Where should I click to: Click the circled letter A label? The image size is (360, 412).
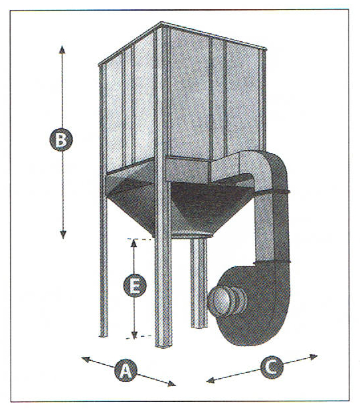[x=126, y=370]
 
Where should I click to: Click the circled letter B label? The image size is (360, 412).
[x=61, y=140]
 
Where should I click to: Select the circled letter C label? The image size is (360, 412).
[x=272, y=367]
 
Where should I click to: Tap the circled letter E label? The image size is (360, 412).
[x=135, y=285]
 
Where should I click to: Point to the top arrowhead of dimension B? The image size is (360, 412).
[x=62, y=49]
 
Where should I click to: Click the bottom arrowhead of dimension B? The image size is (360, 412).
[x=62, y=235]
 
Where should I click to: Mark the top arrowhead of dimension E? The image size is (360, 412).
[x=134, y=243]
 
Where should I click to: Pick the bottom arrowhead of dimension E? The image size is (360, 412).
[x=134, y=335]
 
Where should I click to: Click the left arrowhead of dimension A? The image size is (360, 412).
[x=86, y=360]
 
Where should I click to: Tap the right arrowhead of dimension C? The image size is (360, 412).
[x=314, y=357]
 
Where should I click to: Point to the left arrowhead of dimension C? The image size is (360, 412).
[x=211, y=380]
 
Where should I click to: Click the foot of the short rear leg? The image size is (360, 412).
[x=199, y=326]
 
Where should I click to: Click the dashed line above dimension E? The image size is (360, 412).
[x=139, y=239]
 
